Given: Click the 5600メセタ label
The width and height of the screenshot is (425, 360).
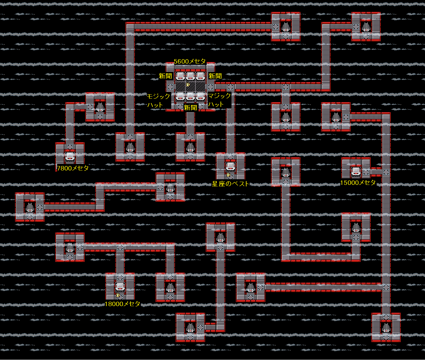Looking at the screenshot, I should pyautogui.click(x=190, y=61).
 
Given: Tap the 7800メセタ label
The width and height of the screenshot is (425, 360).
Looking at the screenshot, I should pyautogui.click(x=73, y=168).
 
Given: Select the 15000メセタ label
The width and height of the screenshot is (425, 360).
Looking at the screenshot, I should pyautogui.click(x=358, y=183).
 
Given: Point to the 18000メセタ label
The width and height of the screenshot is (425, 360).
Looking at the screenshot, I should pyautogui.click(x=122, y=304).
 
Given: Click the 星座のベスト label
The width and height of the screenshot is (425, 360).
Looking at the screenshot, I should pyautogui.click(x=230, y=184).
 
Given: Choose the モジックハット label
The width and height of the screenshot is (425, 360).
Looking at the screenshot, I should pyautogui.click(x=159, y=100).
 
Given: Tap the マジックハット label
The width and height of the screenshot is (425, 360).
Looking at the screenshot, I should pyautogui.click(x=219, y=100).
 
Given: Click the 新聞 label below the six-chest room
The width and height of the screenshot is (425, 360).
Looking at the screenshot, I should pyautogui.click(x=190, y=108).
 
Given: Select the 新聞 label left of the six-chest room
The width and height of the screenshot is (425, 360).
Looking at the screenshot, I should pyautogui.click(x=165, y=76).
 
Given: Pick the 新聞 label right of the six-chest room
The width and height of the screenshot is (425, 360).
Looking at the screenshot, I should pyautogui.click(x=215, y=76).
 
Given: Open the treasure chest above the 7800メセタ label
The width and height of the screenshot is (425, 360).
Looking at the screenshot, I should pyautogui.click(x=70, y=156).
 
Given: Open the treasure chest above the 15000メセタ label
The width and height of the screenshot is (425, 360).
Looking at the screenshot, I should pyautogui.click(x=356, y=171).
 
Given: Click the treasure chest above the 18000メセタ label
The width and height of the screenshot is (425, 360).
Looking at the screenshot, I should pyautogui.click(x=120, y=286).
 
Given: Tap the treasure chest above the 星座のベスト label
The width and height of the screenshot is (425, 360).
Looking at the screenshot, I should pyautogui.click(x=231, y=166).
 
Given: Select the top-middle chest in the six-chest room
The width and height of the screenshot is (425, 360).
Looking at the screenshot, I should pyautogui.click(x=190, y=76).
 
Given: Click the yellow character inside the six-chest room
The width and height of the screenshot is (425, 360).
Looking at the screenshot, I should pyautogui.click(x=188, y=85).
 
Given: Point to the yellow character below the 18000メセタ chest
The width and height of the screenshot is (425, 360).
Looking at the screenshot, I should pyautogui.click(x=118, y=295).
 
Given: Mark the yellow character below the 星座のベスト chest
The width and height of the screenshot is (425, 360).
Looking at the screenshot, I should pyautogui.click(x=228, y=175).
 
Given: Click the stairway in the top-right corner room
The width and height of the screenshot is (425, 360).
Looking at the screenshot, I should pyautogui.click(x=366, y=27).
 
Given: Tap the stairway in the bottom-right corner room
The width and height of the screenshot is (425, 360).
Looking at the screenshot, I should pyautogui.click(x=386, y=327).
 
